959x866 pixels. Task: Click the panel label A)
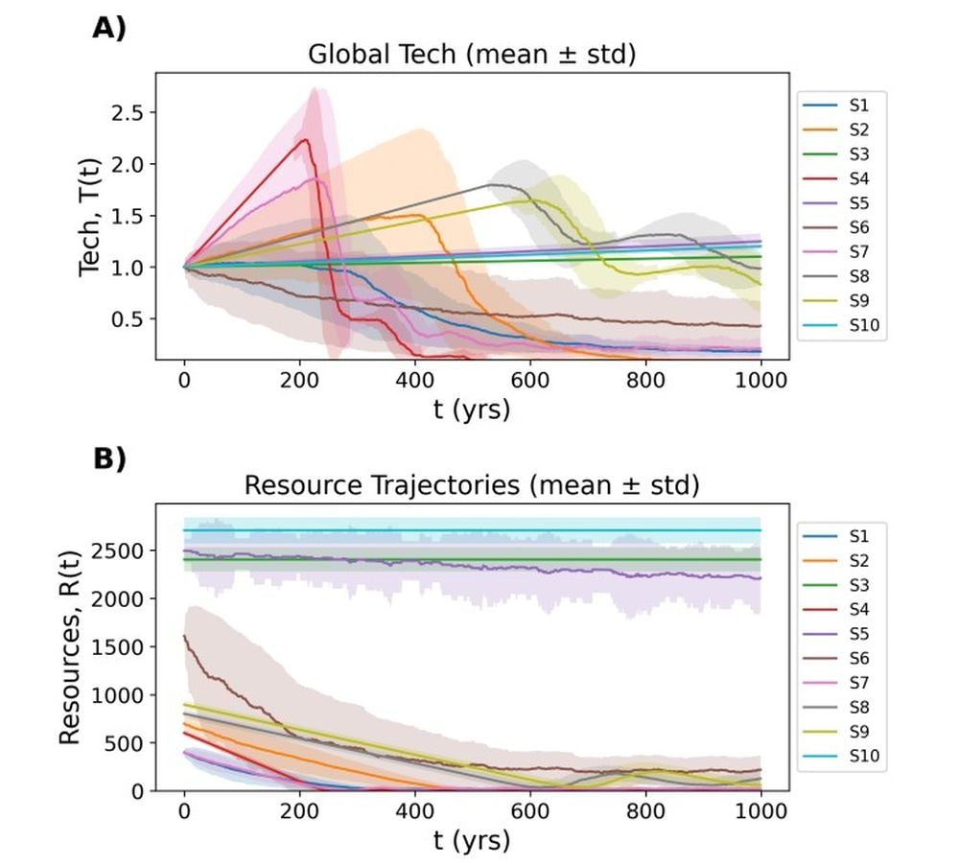108,28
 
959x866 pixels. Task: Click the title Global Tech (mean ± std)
472,55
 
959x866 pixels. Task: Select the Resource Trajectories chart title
472,485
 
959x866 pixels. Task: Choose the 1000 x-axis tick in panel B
760,810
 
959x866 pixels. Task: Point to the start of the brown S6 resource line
184,636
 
